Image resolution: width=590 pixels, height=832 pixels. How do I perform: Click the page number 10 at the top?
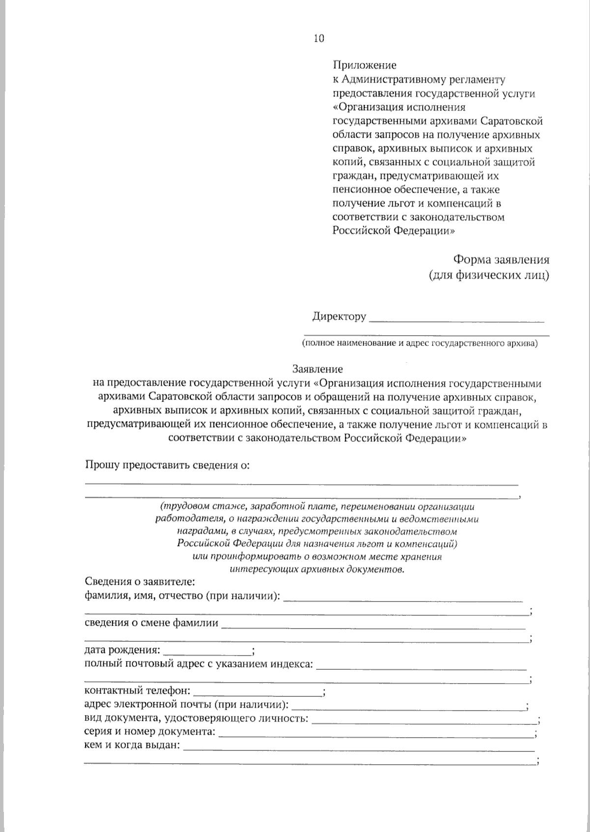(319, 39)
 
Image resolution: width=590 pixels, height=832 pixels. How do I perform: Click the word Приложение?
(364, 65)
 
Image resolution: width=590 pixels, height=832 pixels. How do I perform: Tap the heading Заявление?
(318, 369)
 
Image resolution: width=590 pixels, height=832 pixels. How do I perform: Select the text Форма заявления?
(501, 259)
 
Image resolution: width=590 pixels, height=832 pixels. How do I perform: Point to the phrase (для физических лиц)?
(489, 275)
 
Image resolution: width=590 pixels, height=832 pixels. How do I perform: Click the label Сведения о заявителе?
(140, 582)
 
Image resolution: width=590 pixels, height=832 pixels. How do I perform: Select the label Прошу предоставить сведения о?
(168, 465)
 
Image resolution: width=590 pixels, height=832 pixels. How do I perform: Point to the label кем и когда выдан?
(132, 746)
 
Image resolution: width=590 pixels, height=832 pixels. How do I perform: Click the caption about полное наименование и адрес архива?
(420, 343)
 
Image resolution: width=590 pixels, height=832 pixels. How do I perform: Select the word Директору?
(339, 316)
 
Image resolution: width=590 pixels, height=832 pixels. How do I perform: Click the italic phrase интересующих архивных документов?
(317, 570)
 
